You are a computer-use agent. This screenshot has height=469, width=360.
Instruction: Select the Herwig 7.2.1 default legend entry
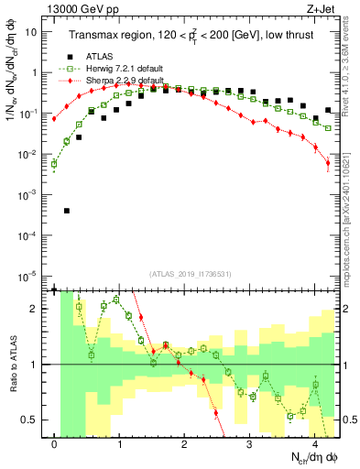pyautogui.click(x=113, y=70)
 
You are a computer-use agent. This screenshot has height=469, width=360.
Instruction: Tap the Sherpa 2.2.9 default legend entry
pyautogui.click(x=113, y=81)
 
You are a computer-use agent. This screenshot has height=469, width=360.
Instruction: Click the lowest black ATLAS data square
pyautogui.click(x=67, y=211)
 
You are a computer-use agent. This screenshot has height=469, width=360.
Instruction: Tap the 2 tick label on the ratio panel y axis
pyautogui.click(x=35, y=309)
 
